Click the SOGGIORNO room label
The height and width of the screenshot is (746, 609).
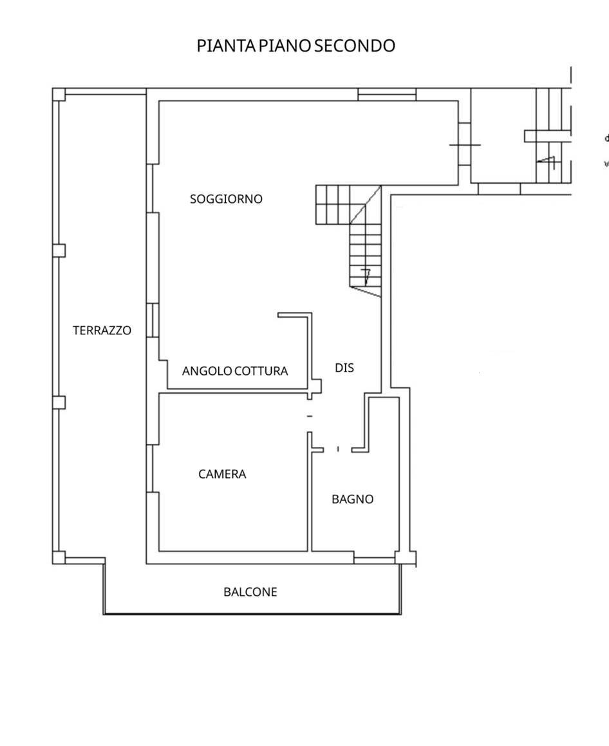coord(226,199)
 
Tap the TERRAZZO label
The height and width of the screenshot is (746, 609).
coord(102,330)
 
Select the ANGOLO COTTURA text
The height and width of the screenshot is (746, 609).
coord(235,371)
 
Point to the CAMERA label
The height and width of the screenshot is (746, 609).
coord(222,474)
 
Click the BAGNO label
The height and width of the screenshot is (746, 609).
coord(352,499)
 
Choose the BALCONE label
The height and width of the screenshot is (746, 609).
coord(250,592)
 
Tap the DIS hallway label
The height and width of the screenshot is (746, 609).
coord(344,368)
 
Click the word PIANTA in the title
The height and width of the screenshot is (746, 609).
coord(227,46)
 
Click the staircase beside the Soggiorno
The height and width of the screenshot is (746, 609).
coord(349,241)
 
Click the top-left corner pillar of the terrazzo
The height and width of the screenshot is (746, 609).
coord(59,94)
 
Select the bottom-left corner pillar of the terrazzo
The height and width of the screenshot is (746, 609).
coord(59,558)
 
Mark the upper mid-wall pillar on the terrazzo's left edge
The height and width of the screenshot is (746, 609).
coord(59,251)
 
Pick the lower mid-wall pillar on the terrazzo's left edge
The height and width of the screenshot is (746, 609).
coord(59,403)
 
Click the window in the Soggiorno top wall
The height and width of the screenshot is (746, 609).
coord(387,94)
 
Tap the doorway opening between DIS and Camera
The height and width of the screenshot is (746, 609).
coord(310,416)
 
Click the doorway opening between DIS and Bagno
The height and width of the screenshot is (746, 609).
coord(338,449)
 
